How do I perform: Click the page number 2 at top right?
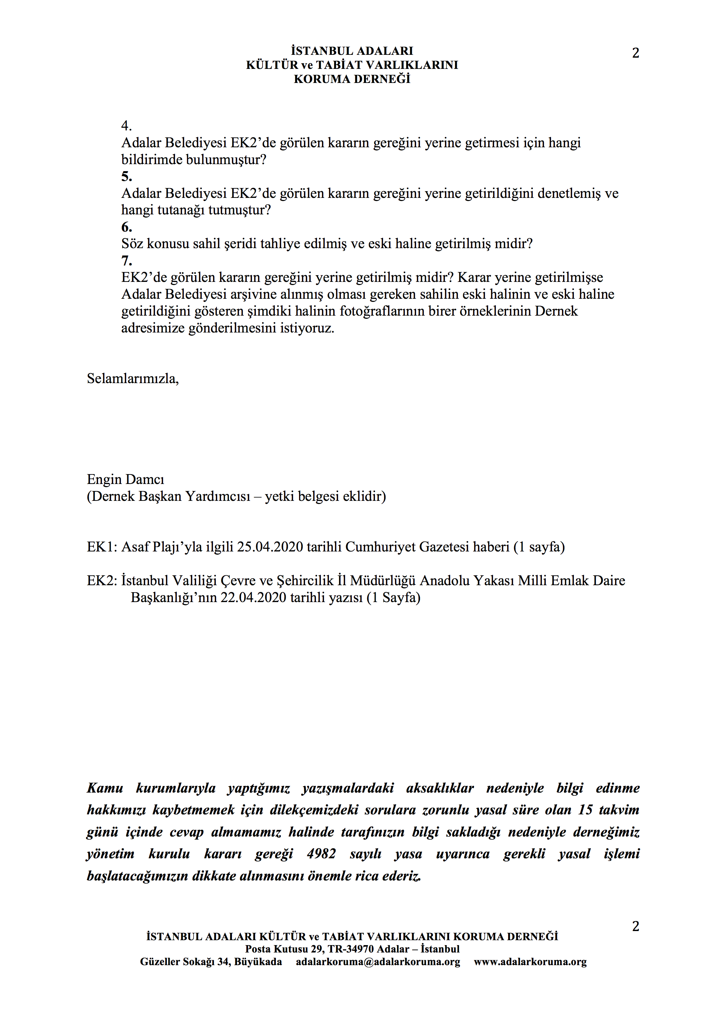[x=635, y=53]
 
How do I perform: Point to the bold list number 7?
[x=127, y=260]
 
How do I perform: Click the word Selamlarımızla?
[x=132, y=379]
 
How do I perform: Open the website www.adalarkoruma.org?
[x=530, y=962]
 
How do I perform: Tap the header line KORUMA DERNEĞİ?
[x=352, y=79]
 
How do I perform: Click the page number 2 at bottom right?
[x=635, y=926]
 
